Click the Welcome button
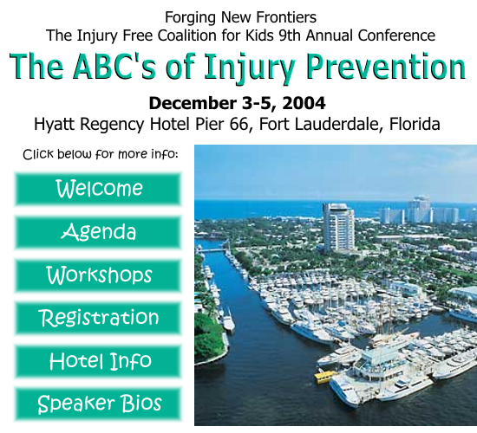coord(98,189)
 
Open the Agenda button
coord(98,232)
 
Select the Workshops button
coord(98,275)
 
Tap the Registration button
coord(98,318)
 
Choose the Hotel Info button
coord(98,361)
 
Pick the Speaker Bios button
coord(98,404)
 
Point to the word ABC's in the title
coord(114,66)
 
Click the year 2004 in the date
coord(304,103)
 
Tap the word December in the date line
coord(193,103)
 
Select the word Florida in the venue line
coord(415,124)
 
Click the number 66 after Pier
coord(240,124)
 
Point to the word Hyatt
coord(54,125)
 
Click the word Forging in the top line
coord(191,18)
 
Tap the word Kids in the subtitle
coord(259,36)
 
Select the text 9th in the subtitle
coord(290,36)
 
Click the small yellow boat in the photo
coord(324,376)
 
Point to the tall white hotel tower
coord(338,227)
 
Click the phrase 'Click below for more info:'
coord(101,154)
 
